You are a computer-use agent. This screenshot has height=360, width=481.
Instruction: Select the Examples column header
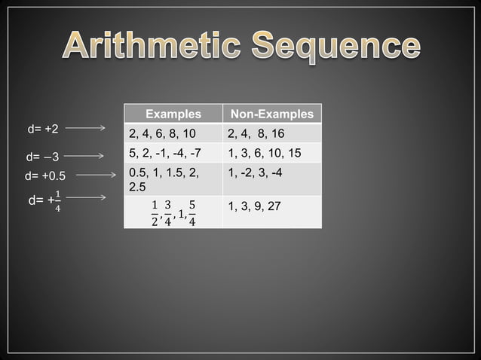tap(173, 114)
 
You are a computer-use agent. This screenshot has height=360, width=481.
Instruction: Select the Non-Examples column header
tap(271, 114)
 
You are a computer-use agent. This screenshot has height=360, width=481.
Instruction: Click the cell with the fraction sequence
tap(173, 212)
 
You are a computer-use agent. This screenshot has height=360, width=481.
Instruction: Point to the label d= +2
tap(42, 129)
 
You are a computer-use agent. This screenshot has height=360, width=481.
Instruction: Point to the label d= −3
tap(42, 157)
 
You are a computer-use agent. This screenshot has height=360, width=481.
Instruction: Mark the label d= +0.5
tap(45, 177)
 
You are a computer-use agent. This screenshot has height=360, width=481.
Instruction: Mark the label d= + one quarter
tap(44, 202)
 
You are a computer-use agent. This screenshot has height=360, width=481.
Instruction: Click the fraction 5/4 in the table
tap(192, 213)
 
